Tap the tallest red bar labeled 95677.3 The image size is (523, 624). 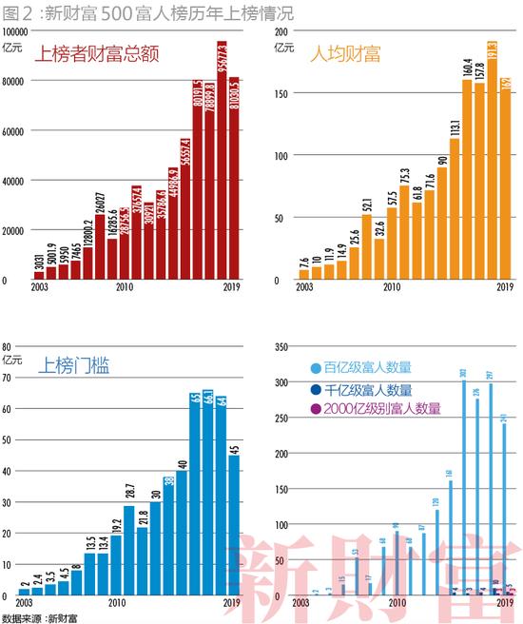coord(221,162)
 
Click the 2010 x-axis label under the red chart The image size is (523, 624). coord(125,287)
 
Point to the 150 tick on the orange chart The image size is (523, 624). coord(280,93)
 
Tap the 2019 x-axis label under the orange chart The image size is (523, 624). coord(504,287)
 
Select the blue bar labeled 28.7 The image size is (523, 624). coord(129,552)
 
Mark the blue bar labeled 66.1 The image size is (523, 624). coord(207,495)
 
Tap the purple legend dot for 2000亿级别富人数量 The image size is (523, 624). coord(316,409)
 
